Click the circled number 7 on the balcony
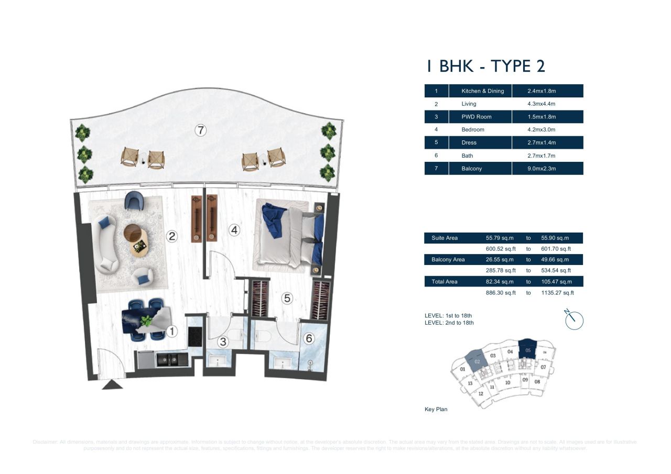200,130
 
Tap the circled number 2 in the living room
172,236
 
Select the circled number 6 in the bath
308,339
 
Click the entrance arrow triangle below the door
112,385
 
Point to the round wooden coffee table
133,232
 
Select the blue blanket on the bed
274,218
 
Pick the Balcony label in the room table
471,169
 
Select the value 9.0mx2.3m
542,169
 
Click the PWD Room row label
476,117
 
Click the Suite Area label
445,238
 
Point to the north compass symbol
575,319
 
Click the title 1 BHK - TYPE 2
485,67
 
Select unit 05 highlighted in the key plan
528,350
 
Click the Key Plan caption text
436,409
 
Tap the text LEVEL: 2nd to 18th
449,323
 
